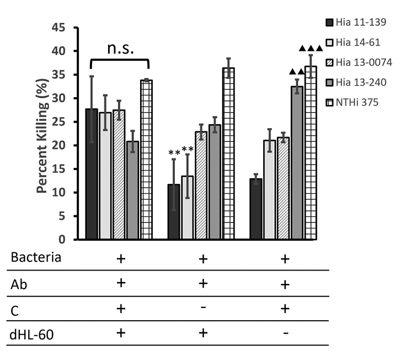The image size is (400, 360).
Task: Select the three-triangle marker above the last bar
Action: click(311, 49)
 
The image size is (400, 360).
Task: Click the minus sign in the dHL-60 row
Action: click(285, 333)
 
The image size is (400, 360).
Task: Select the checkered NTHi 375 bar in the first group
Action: click(147, 160)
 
